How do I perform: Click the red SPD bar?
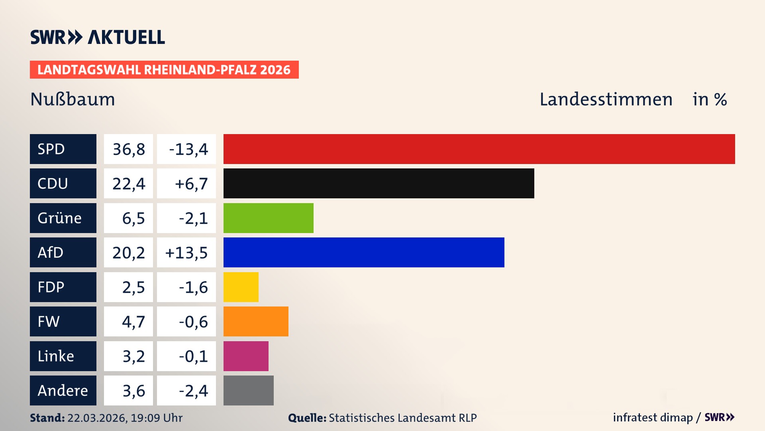[x=479, y=149]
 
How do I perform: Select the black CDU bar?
[x=379, y=183]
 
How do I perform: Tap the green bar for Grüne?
[x=268, y=218]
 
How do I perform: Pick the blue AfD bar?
[x=363, y=252]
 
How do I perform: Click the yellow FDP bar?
[x=241, y=287]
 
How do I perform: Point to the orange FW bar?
[x=255, y=321]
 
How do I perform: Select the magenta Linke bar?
[x=245, y=356]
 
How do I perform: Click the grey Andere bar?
[x=248, y=390]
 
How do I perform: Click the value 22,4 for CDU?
[x=128, y=184]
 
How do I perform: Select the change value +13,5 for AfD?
[x=186, y=253]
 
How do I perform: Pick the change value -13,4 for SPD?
[x=188, y=149]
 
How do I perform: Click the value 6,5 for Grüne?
[x=133, y=218]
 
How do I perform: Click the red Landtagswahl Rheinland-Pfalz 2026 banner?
[x=164, y=70]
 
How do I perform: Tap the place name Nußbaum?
[x=73, y=99]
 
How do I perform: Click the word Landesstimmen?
[x=606, y=99]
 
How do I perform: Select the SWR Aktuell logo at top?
[x=98, y=37]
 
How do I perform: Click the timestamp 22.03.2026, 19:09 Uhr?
[x=124, y=418]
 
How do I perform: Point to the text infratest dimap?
[x=652, y=417]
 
